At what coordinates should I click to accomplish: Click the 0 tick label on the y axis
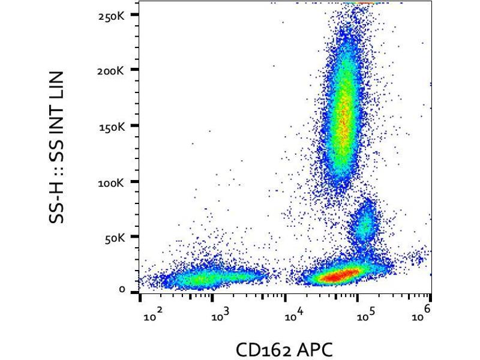[x=122, y=290]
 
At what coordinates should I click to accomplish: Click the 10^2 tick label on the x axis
[x=152, y=315]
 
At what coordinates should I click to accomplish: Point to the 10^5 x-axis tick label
[x=365, y=315]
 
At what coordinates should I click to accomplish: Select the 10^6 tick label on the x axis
[x=425, y=313]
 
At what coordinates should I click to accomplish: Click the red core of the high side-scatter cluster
[x=343, y=120]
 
